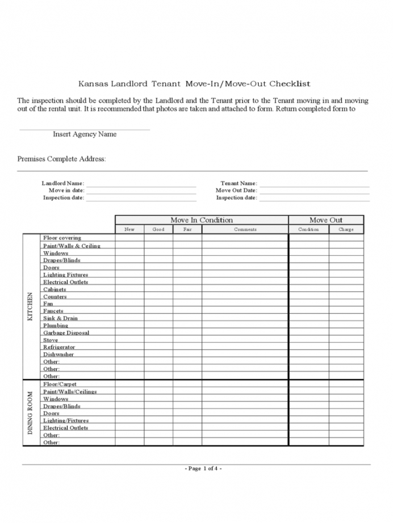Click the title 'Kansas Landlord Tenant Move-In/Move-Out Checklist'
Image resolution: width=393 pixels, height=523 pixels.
click(x=194, y=84)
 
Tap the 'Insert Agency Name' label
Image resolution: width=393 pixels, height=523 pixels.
click(x=85, y=134)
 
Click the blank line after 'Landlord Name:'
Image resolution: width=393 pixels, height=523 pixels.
click(x=141, y=184)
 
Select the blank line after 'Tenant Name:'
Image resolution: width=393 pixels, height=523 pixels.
click(x=314, y=184)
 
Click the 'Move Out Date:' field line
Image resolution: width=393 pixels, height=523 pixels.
click(x=314, y=192)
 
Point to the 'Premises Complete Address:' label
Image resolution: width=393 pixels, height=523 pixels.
click(x=61, y=159)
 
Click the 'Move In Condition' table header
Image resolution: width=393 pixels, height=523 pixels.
click(x=202, y=220)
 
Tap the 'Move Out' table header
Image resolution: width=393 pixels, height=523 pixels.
click(x=326, y=220)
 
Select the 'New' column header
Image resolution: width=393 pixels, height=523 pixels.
click(x=129, y=230)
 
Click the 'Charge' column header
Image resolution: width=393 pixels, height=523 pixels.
click(x=346, y=230)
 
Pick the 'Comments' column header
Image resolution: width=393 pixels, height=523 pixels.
click(x=245, y=230)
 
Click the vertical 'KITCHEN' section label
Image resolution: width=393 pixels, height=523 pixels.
click(x=31, y=307)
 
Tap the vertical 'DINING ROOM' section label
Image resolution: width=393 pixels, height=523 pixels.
click(x=31, y=413)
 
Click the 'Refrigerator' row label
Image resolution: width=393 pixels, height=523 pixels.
click(x=59, y=347)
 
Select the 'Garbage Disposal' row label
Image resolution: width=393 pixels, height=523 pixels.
click(x=66, y=333)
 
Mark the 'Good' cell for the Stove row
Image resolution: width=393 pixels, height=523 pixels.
click(x=158, y=340)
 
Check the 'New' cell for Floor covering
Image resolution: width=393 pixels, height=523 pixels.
click(x=129, y=238)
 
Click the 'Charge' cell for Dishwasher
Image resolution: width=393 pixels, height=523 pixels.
click(x=346, y=355)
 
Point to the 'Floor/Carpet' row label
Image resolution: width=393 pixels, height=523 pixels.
click(x=60, y=384)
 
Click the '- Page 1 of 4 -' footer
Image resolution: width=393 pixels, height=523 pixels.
click(x=203, y=469)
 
